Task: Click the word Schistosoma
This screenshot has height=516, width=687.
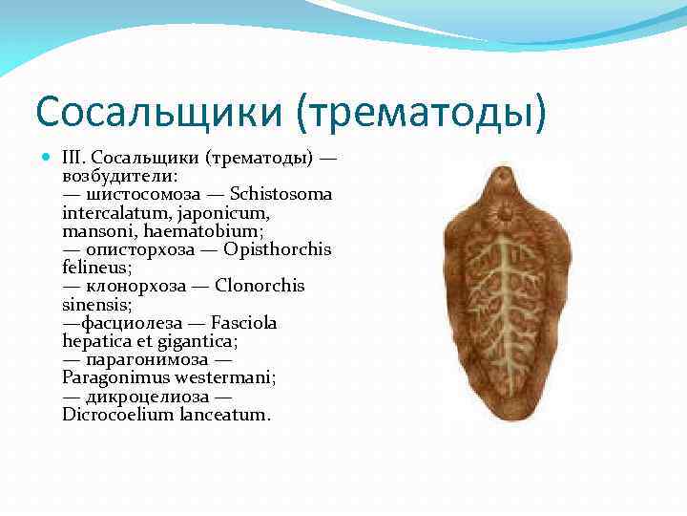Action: (281, 195)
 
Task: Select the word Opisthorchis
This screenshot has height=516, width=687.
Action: (278, 249)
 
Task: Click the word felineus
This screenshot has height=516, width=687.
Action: (96, 267)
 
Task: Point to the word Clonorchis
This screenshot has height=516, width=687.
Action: (260, 286)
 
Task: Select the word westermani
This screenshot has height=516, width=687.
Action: (228, 377)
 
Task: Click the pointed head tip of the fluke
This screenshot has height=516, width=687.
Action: (503, 171)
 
